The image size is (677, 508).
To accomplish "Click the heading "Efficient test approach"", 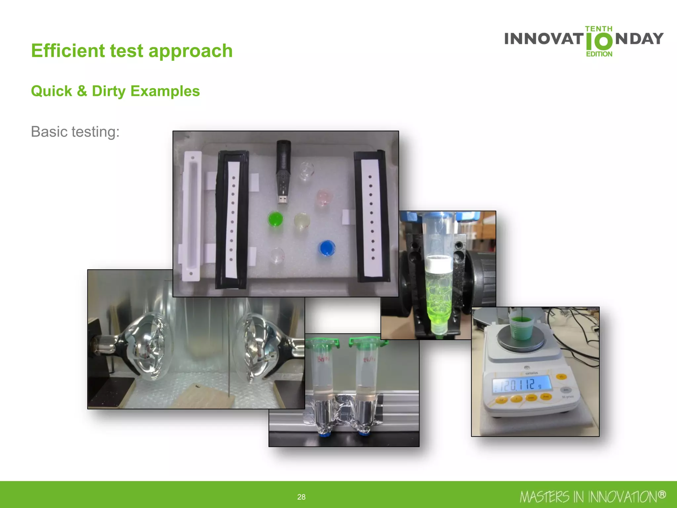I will (132, 51).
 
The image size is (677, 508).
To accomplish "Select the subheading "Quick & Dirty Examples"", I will (115, 91).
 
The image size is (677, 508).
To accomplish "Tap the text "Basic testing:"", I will (75, 132).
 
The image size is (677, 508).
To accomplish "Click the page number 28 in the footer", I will (301, 497).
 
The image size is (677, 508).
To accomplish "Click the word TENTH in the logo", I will (599, 29).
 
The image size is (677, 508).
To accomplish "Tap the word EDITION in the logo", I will (599, 54).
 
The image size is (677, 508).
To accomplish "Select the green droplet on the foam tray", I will (275, 219).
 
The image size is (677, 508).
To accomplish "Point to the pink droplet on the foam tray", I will (323, 197).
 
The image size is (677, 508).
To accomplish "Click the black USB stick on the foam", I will (283, 170).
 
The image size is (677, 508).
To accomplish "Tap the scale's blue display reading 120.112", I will (522, 385).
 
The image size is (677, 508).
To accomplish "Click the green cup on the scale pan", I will (521, 327).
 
